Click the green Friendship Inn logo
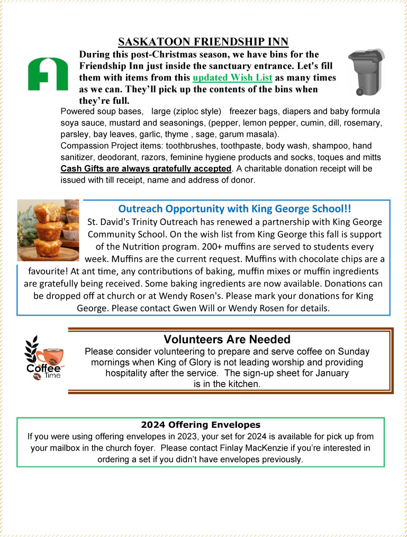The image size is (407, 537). (48, 74)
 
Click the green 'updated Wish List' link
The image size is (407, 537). (232, 78)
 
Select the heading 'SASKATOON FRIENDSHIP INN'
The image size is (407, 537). (203, 42)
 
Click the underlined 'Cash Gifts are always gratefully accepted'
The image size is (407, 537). (146, 168)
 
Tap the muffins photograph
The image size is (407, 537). (48, 229)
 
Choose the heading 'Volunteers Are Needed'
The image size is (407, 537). (227, 339)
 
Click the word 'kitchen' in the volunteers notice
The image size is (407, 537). (245, 384)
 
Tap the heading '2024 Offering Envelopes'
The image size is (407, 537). (201, 425)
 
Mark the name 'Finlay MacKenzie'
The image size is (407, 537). (294, 448)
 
